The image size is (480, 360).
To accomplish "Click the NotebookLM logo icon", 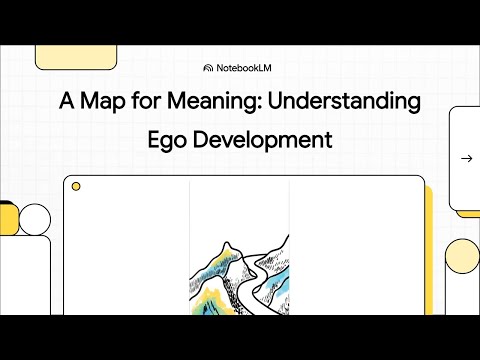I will [208, 68].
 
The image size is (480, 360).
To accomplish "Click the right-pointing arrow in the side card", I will [466, 158].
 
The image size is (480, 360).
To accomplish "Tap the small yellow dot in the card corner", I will [76, 187].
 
